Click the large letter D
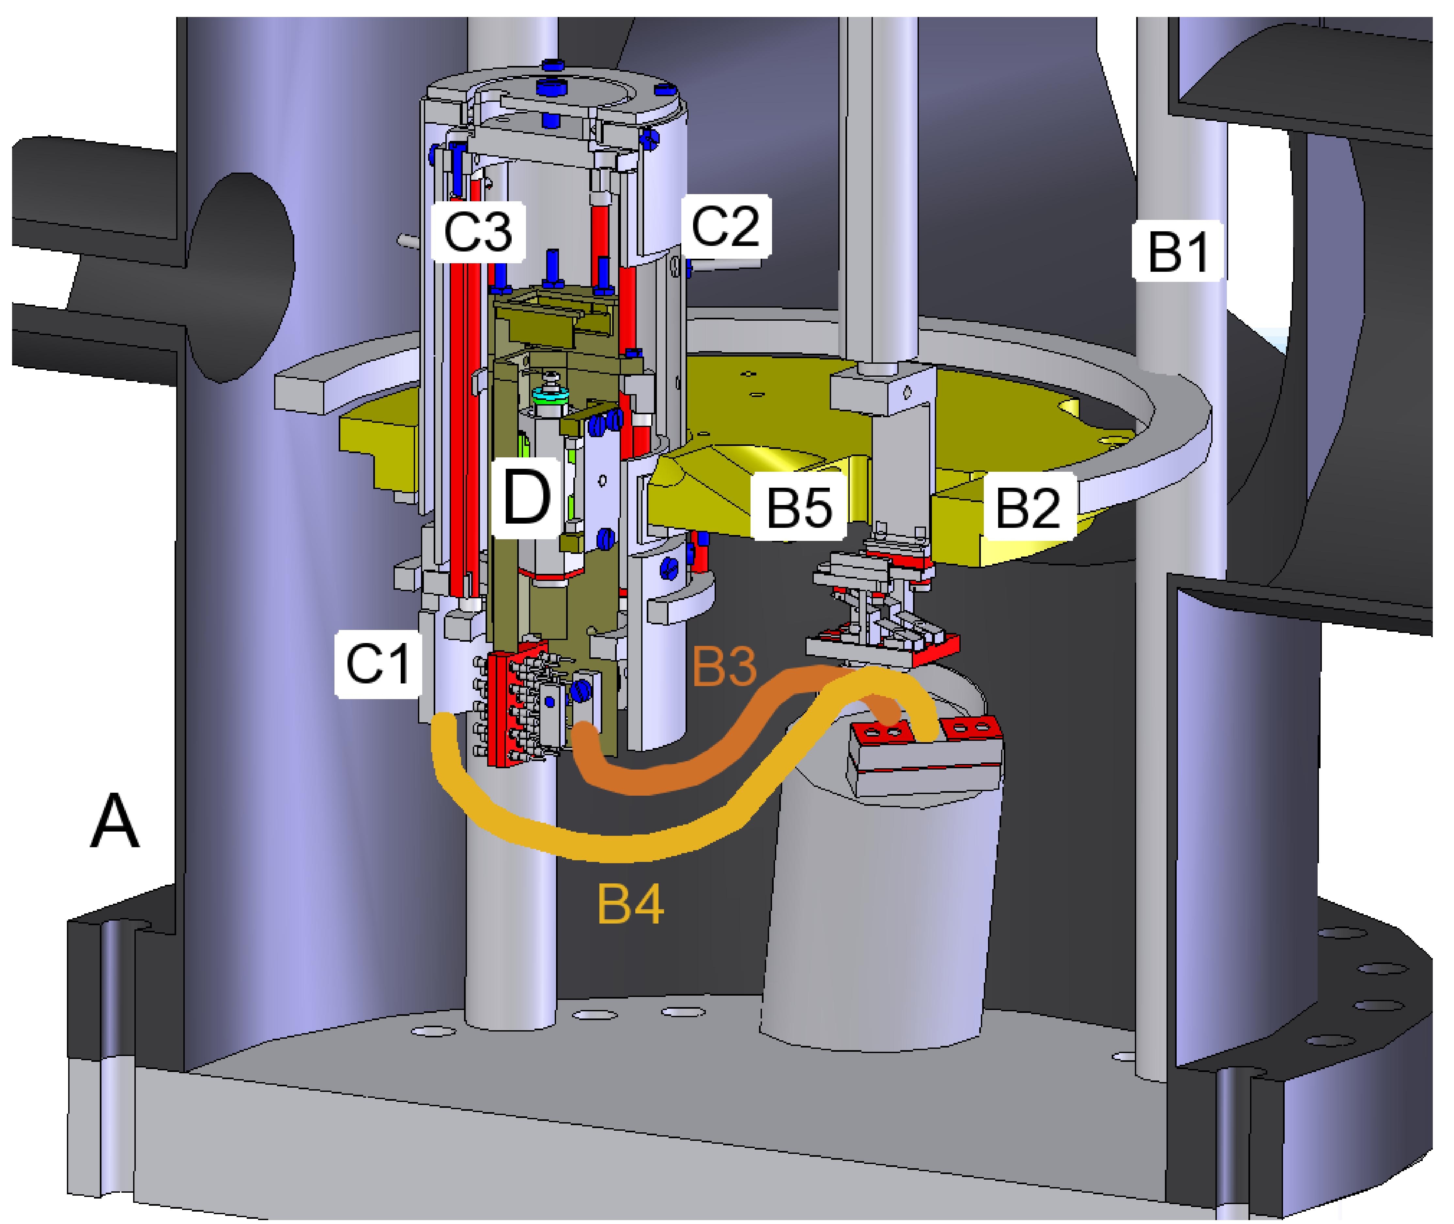coord(525,497)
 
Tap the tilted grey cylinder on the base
coord(874,923)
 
